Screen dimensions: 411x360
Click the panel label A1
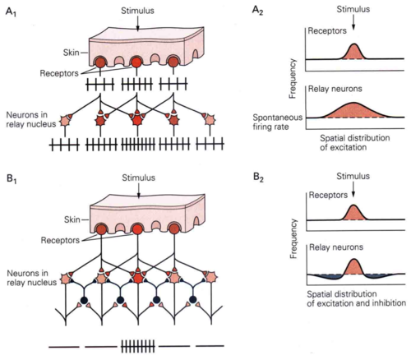[11, 12]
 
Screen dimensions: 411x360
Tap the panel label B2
[258, 178]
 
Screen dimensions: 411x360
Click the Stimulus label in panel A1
[137, 11]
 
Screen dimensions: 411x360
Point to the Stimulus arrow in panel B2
[353, 190]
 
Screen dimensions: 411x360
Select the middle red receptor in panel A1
[136, 62]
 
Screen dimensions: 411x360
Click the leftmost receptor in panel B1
[101, 229]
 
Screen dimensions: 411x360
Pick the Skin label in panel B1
[72, 219]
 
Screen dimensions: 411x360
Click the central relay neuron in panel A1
[137, 120]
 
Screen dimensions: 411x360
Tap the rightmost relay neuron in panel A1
[210, 120]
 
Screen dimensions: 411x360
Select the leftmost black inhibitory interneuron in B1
[84, 300]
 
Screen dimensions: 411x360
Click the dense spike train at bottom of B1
[138, 346]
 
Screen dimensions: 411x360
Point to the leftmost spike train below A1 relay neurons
[65, 145]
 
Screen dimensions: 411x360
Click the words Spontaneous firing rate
[277, 122]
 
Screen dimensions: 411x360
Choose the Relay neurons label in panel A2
[335, 89]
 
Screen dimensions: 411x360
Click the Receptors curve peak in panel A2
[354, 44]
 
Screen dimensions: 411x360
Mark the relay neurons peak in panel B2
[353, 259]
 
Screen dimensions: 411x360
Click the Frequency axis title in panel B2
[293, 238]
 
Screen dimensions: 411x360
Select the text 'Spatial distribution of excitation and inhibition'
[356, 298]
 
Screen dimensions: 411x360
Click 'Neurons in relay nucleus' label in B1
[31, 278]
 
